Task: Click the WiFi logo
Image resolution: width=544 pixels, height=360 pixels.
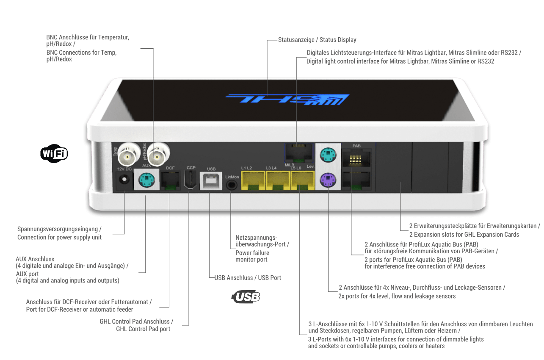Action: [54, 153]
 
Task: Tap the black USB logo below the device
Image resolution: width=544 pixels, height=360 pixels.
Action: [246, 296]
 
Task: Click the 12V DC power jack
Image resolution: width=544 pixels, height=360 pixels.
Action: [124, 180]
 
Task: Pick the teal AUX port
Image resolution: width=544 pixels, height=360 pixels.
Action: [146, 180]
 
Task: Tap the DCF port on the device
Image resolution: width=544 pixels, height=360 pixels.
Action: [171, 180]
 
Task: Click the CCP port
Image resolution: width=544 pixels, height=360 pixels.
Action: [190, 180]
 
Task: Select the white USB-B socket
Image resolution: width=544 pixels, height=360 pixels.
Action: [211, 181]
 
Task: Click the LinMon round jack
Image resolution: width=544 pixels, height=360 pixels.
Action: [232, 185]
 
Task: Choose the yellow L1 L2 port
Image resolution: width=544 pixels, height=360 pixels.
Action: [253, 180]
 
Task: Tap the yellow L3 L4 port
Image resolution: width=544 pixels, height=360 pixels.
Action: [278, 180]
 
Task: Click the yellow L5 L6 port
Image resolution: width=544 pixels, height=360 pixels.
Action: [303, 180]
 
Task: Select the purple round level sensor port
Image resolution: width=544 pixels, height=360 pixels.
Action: [328, 180]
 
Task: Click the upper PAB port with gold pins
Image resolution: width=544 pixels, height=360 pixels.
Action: [356, 158]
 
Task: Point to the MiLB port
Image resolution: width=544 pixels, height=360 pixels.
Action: [299, 153]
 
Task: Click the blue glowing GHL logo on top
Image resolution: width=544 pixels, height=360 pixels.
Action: [287, 100]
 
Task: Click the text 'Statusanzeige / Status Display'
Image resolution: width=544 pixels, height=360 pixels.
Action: [317, 39]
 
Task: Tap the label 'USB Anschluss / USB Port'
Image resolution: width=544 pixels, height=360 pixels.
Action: [248, 278]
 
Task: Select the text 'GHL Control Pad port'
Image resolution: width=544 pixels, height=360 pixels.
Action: [143, 329]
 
